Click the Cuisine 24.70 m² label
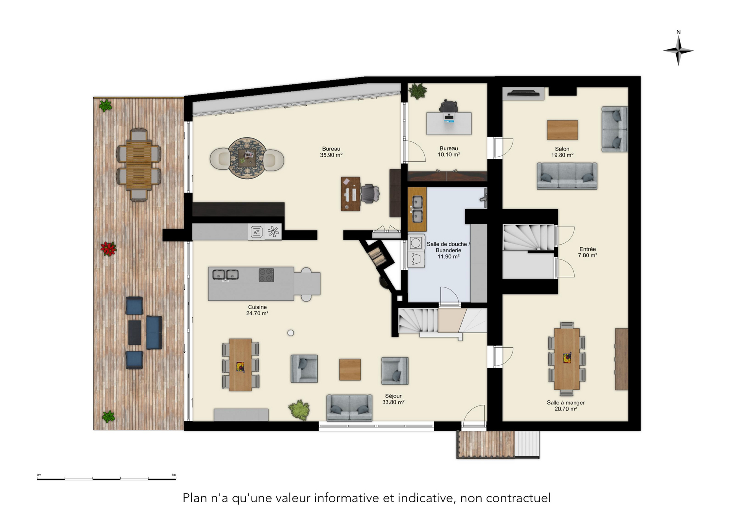pos(257,310)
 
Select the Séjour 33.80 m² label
pos(393,399)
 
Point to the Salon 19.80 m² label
pos(562,152)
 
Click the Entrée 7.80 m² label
pos(588,252)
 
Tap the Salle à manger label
pos(566,402)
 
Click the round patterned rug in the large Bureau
pos(247,158)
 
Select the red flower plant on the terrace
pos(109,249)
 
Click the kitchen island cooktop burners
pos(266,275)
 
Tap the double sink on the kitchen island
pos(226,274)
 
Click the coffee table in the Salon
pos(562,130)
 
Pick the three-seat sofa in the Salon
pos(567,176)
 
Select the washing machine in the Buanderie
pos(416,242)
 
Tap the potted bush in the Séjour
pos(299,410)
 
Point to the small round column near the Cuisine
pos(291,333)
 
